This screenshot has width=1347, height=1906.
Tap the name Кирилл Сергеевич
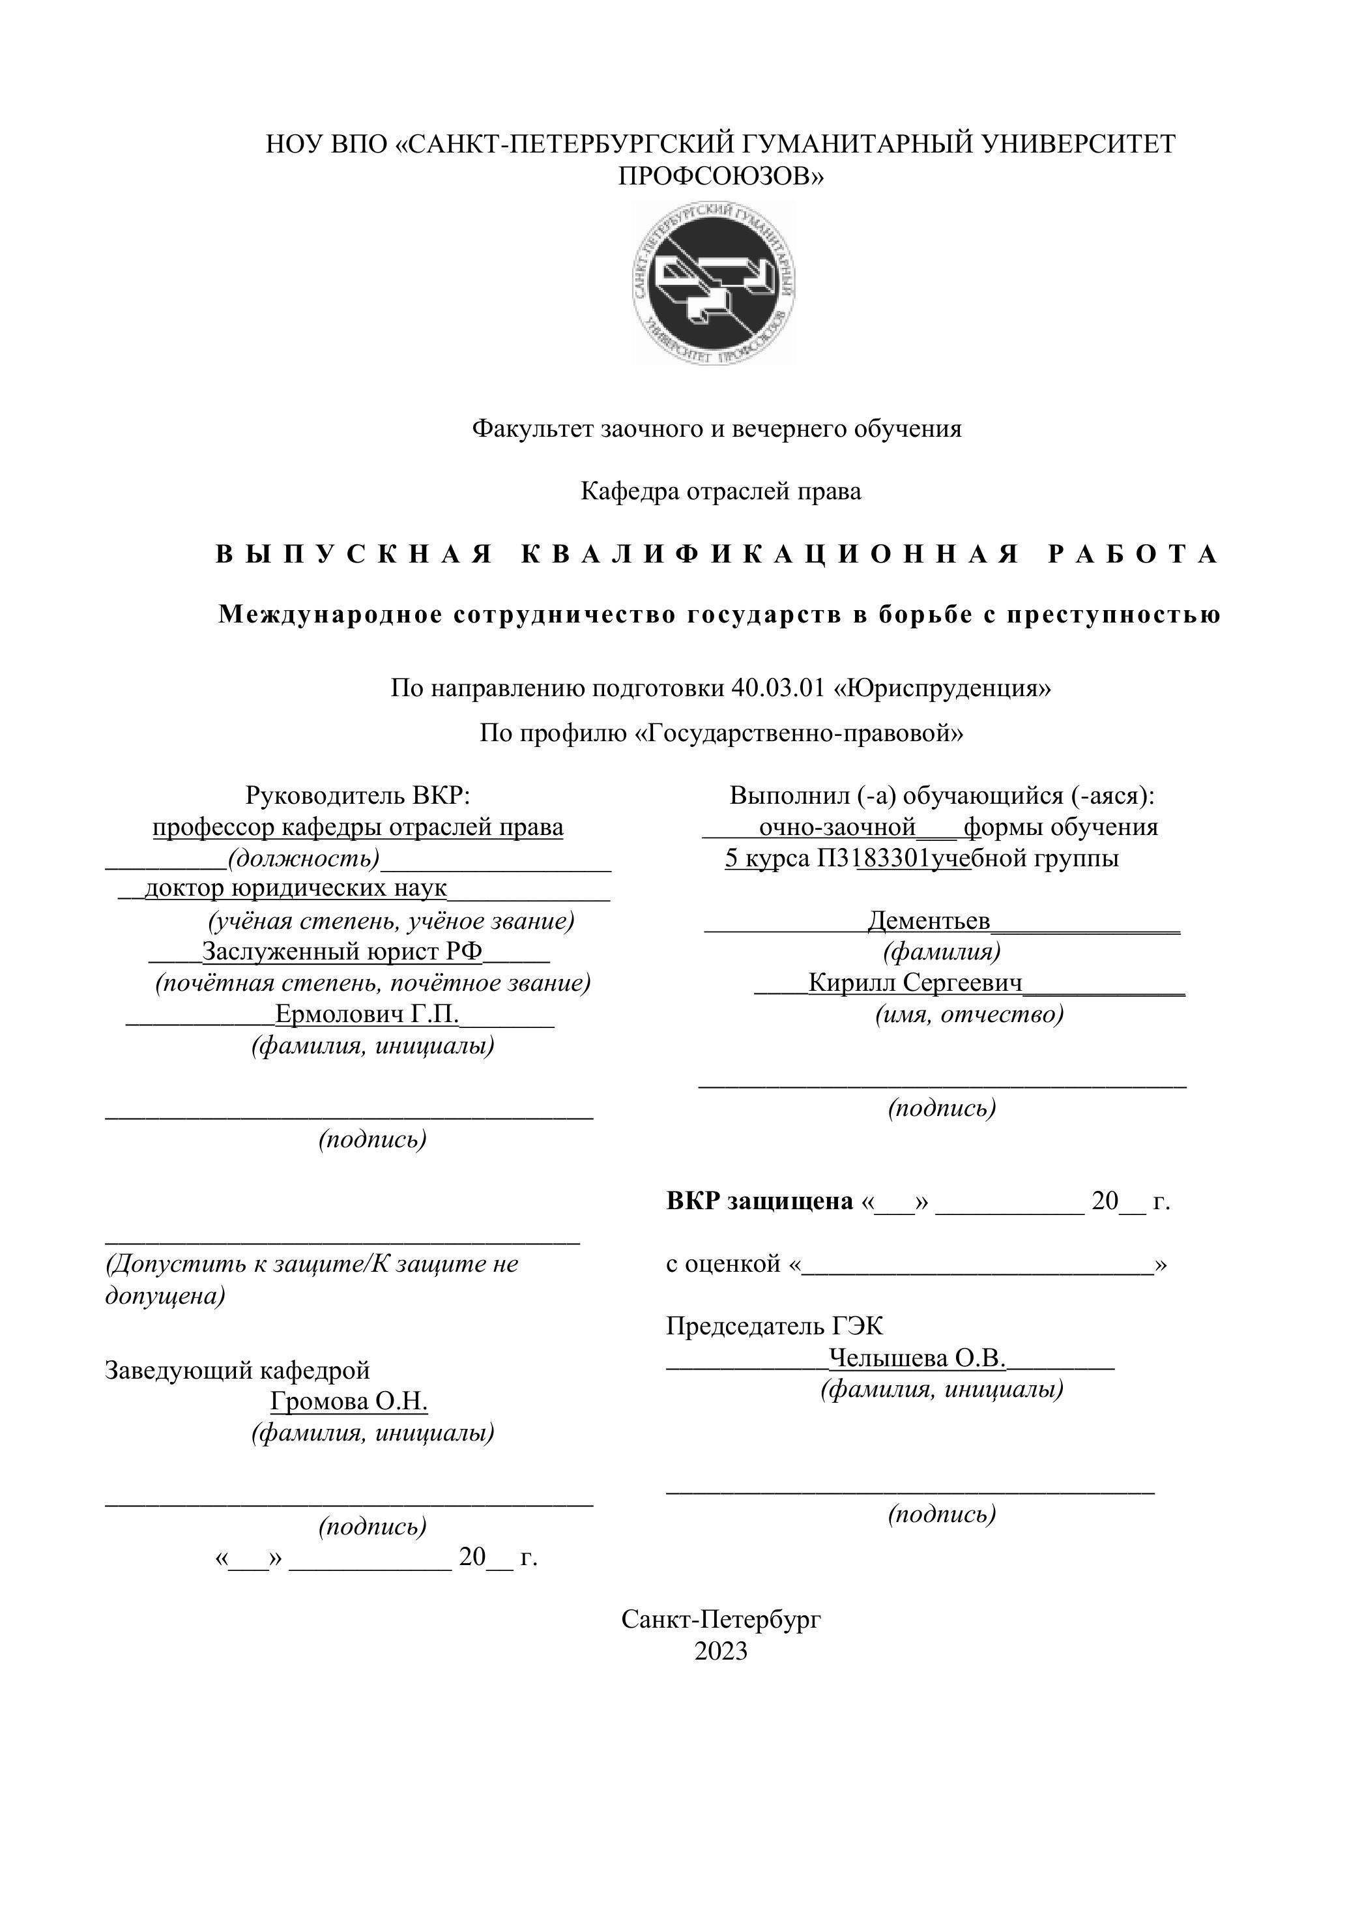point(916,983)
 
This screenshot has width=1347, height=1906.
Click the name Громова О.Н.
point(349,1401)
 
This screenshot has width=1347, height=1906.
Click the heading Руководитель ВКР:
point(358,795)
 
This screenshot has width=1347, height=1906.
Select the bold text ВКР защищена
point(759,1201)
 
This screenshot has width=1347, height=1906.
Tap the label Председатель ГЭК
point(774,1327)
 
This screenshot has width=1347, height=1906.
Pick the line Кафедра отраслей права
point(720,491)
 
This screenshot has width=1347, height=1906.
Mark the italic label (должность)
point(304,858)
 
